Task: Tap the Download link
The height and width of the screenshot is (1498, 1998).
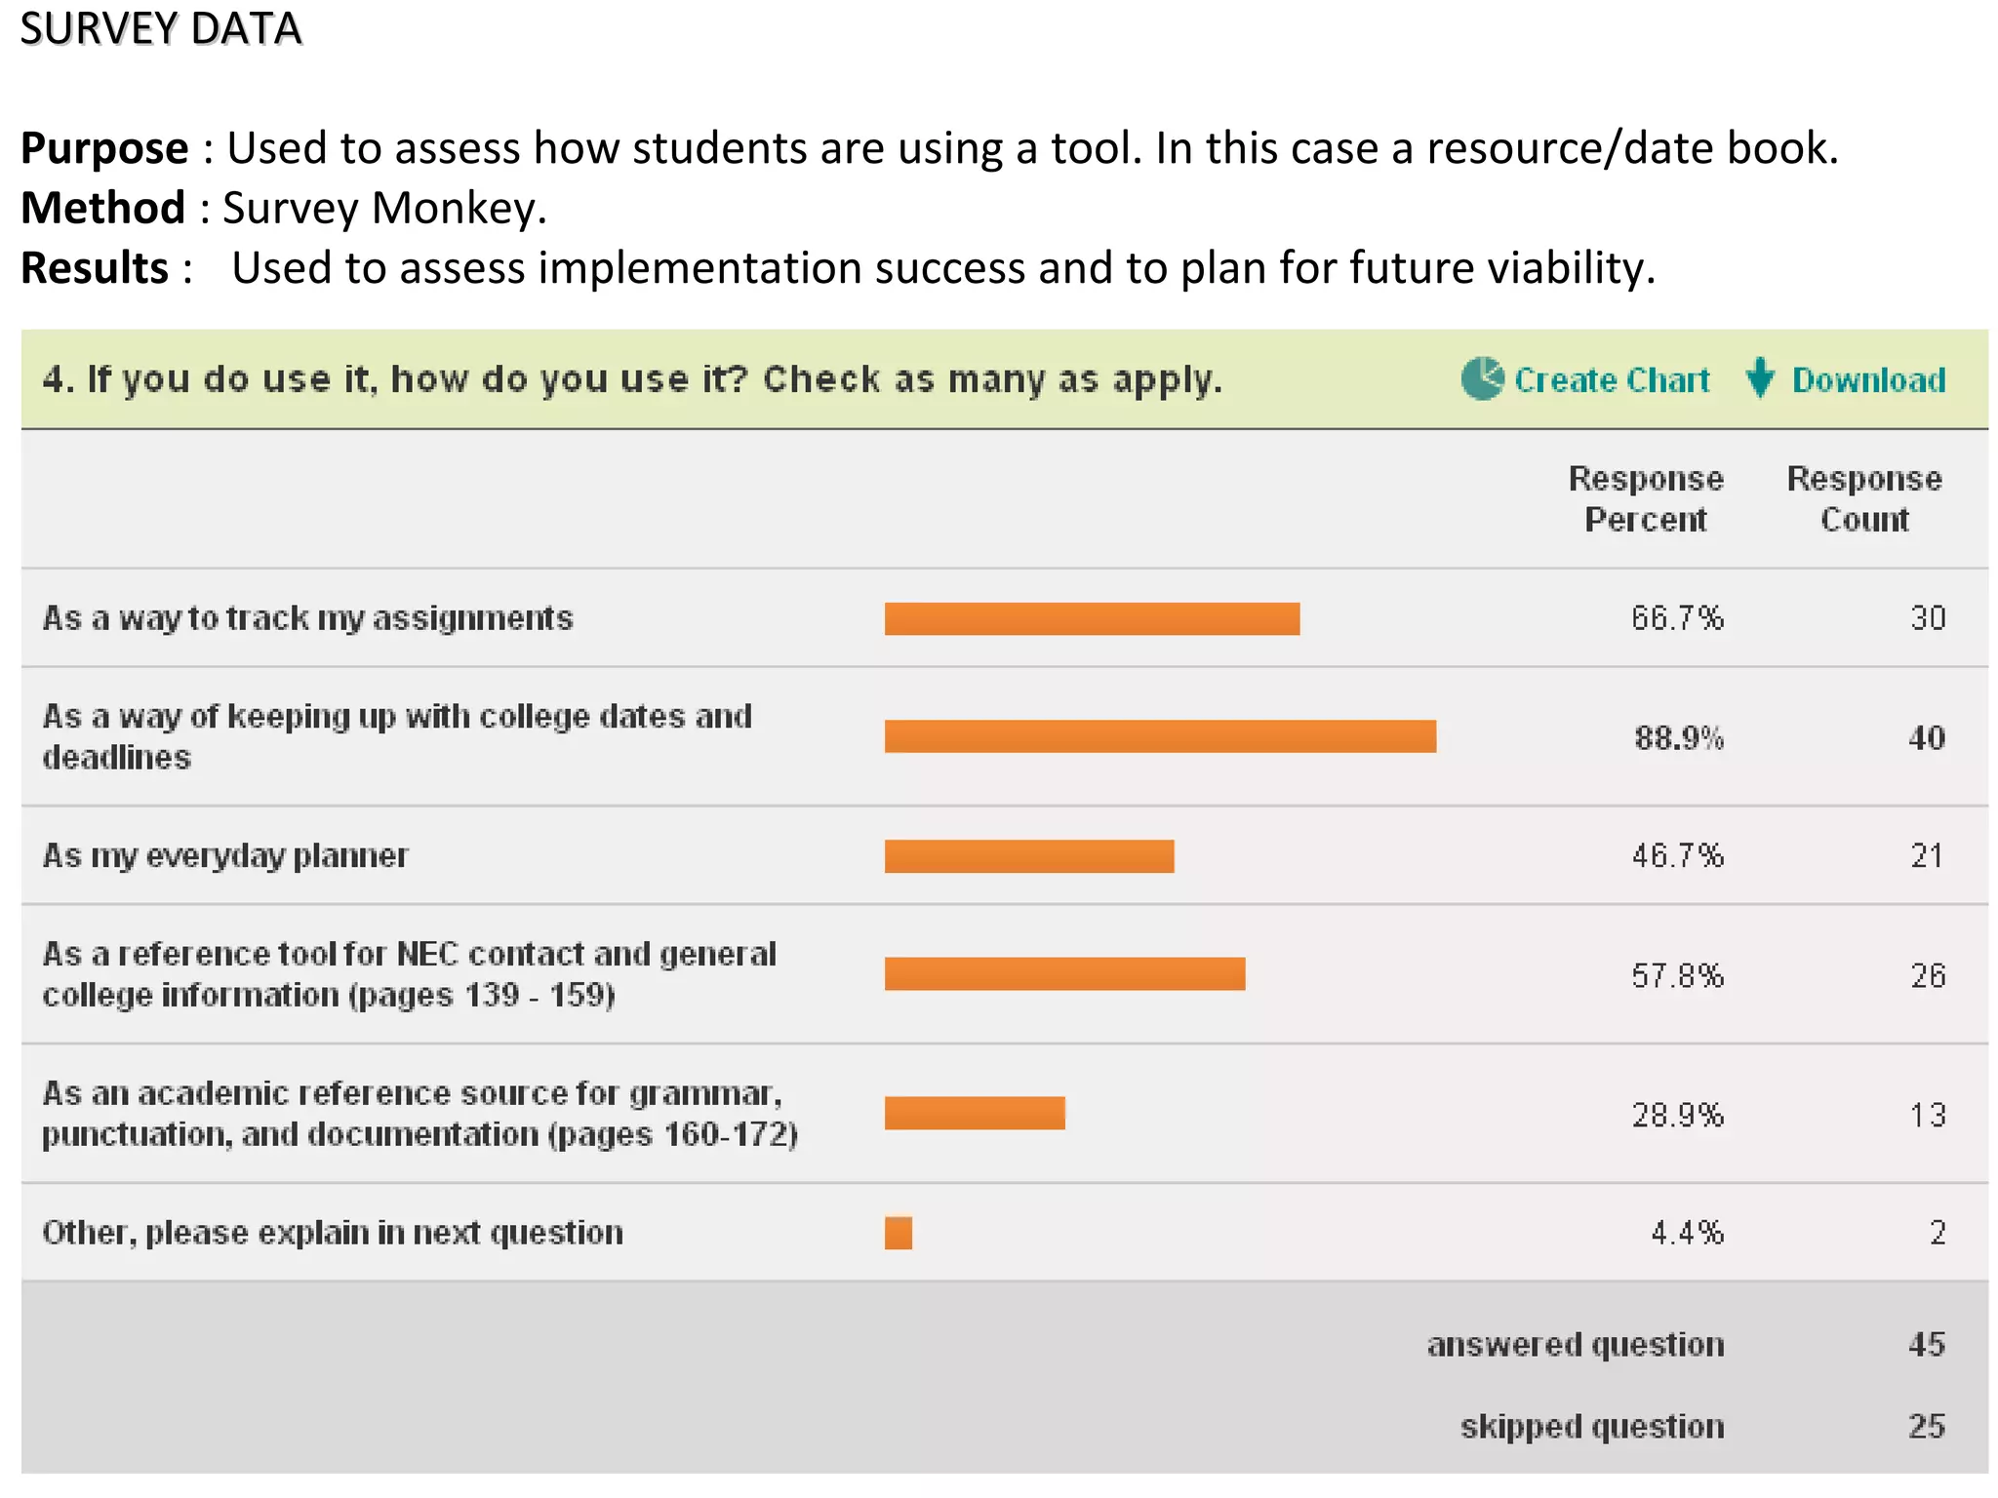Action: pos(1867,379)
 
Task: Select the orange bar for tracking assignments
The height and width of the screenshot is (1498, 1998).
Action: pos(1092,618)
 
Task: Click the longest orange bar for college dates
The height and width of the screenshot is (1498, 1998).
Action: pos(1160,736)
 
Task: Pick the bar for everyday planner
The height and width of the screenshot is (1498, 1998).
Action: pos(1029,855)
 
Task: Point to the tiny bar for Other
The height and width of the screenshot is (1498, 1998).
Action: pos(899,1233)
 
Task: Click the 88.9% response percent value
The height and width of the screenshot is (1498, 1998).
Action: pos(1678,738)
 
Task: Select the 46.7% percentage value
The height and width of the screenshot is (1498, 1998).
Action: pos(1677,856)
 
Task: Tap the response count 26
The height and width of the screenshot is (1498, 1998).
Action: pos(1927,975)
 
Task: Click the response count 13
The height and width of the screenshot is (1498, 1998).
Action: pos(1927,1115)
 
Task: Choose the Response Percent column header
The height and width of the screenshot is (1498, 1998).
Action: pos(1646,499)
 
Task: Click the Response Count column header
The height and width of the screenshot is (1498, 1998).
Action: pos(1864,499)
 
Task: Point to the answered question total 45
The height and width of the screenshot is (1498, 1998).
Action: pos(1926,1345)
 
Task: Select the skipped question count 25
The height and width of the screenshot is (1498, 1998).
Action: pos(1926,1427)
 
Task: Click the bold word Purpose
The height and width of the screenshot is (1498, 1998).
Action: pos(104,148)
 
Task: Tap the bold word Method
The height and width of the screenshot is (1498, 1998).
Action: pos(102,208)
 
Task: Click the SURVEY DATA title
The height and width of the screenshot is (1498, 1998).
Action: pos(161,28)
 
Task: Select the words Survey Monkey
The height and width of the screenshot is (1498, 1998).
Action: pos(383,208)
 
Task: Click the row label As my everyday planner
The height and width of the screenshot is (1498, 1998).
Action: pos(225,856)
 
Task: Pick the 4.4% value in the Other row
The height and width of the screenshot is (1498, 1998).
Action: pos(1687,1233)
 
